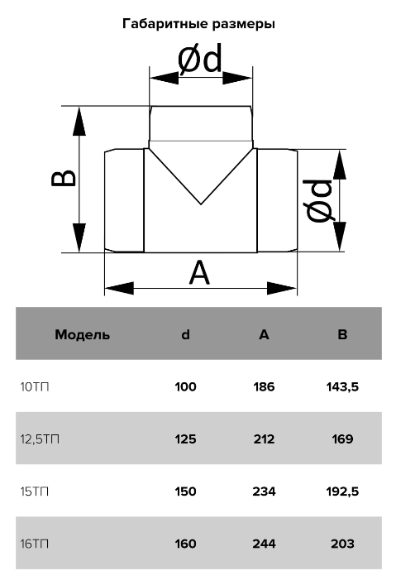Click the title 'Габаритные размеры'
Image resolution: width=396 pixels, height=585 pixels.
(198, 24)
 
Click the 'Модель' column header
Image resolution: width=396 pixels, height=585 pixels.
(83, 334)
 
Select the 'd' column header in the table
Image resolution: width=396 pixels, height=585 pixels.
(185, 334)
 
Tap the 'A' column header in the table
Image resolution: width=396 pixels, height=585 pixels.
(264, 334)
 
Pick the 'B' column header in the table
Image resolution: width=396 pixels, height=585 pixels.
(342, 334)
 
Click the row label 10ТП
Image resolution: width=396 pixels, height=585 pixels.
(34, 387)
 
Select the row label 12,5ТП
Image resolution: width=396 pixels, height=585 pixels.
(40, 439)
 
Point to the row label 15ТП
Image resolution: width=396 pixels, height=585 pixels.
(34, 491)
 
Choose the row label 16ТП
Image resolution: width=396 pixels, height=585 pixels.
(34, 544)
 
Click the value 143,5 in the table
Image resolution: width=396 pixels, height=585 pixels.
(342, 387)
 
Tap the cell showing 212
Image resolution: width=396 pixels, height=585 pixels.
(264, 439)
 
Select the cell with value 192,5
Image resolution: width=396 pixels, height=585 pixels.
(342, 491)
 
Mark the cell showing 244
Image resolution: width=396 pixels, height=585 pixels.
(264, 544)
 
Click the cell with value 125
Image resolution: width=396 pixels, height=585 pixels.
(185, 439)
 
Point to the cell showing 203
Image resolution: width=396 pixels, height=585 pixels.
(342, 544)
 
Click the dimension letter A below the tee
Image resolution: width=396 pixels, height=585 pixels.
(199, 273)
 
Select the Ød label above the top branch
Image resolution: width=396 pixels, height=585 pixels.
(200, 58)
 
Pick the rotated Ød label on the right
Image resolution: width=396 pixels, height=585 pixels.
(320, 200)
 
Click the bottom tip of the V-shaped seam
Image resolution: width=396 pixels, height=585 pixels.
(201, 204)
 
